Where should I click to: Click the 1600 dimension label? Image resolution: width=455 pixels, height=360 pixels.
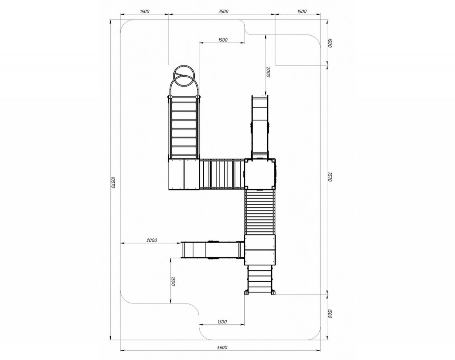pos(145,11)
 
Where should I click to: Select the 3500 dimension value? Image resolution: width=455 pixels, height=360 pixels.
pos(223,11)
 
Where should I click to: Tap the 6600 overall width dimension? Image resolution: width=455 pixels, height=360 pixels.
pos(223,348)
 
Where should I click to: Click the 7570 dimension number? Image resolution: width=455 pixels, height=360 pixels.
pos(330,177)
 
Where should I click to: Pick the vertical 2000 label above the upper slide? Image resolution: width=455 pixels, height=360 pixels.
pos(268,72)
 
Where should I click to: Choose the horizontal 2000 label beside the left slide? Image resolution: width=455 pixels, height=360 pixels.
pos(152,240)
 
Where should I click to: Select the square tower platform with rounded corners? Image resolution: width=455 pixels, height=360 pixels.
pos(260,173)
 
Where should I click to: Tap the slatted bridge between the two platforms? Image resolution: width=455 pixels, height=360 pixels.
pos(222,174)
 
